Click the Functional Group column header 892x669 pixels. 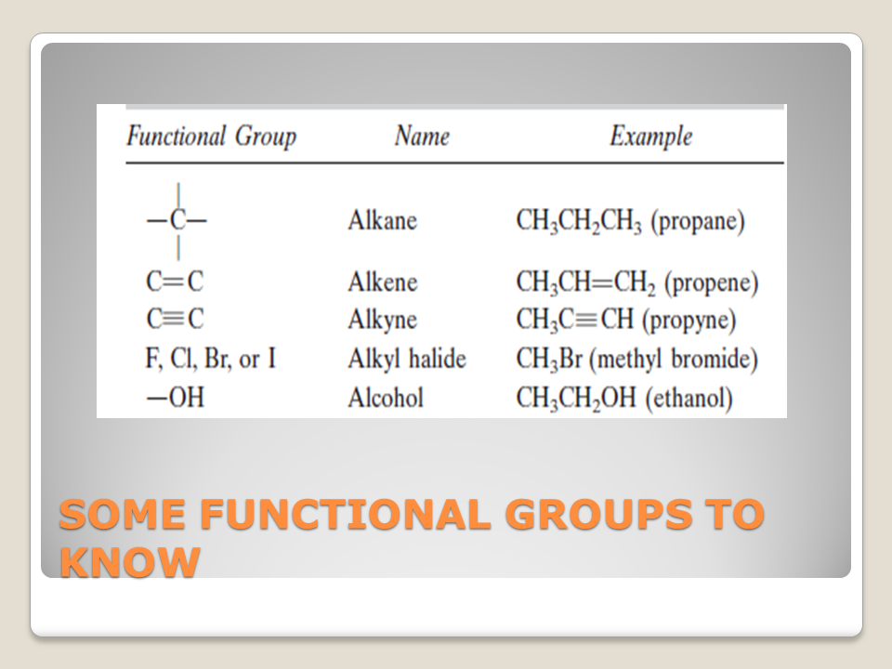pos(212,137)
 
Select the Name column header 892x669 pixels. pos(422,136)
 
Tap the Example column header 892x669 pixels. pos(651,137)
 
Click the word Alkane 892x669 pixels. pos(383,220)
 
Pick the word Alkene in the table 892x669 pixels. pos(383,282)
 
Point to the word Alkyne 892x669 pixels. pos(383,320)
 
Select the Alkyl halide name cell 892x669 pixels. pos(407,359)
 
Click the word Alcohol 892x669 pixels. pos(387,398)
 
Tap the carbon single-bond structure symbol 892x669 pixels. pos(177,221)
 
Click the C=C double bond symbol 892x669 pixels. pos(175,282)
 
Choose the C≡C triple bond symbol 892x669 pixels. pos(175,319)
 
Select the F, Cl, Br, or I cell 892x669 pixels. pos(211,359)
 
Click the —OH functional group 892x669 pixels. pos(176,397)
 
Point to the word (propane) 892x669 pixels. pos(698,221)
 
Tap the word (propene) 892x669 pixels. pos(711,282)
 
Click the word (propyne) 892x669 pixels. pos(689,321)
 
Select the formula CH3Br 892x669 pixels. pos(549,360)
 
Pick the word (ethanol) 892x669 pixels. pos(689,399)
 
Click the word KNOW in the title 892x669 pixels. pos(130,562)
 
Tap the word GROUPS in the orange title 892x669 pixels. pos(599,514)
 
